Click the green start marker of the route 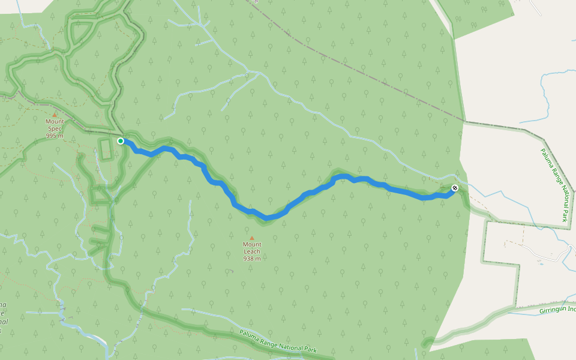click(121, 141)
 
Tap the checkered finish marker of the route click(455, 188)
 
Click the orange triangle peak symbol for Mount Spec click(55, 115)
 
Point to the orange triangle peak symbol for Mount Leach click(251, 238)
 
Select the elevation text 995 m click(55, 136)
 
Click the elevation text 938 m click(252, 259)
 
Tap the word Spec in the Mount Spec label click(55, 128)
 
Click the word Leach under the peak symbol click(252, 251)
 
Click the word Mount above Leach click(252, 244)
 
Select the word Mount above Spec click(55, 121)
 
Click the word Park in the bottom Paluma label click(310, 348)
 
